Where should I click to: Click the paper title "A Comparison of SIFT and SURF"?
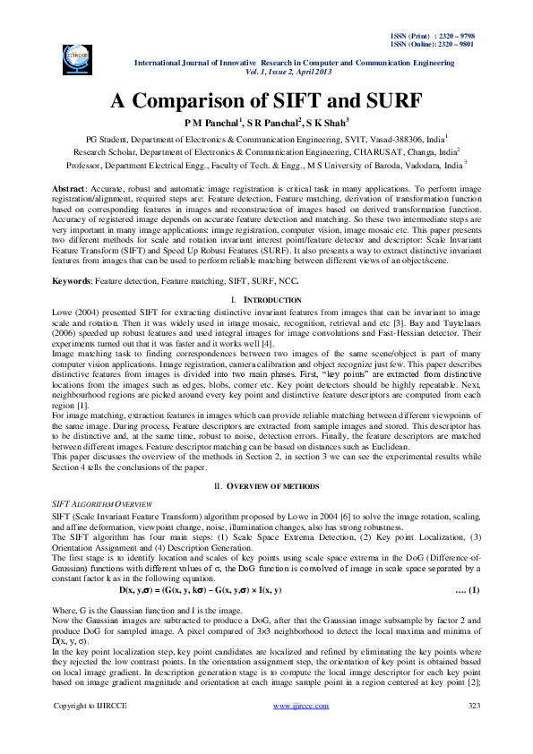click(x=266, y=100)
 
